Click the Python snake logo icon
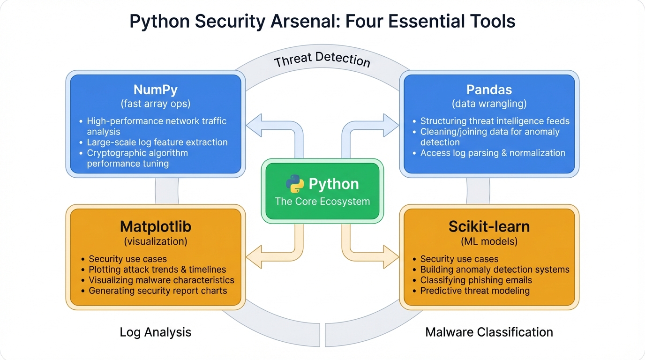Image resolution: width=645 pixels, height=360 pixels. point(294,184)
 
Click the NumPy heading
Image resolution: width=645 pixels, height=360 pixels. point(155,90)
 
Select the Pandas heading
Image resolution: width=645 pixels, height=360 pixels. point(489,90)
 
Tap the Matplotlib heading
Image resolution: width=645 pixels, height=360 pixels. point(155,226)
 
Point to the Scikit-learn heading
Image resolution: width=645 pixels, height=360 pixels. point(489,226)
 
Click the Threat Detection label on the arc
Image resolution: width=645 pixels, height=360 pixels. point(322,60)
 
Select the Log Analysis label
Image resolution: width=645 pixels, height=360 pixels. point(155,332)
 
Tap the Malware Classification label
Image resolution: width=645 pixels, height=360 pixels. point(489,332)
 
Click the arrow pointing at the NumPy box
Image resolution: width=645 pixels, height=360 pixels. point(255,125)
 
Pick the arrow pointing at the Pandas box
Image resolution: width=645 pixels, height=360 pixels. point(389,125)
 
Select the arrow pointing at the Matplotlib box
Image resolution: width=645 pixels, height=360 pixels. point(255,257)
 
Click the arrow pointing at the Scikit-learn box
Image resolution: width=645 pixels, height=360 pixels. point(389,257)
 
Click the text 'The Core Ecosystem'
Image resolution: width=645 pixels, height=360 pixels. point(322,202)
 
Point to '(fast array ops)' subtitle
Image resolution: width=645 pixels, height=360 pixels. point(155,104)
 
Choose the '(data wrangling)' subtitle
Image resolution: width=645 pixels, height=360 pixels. point(489,104)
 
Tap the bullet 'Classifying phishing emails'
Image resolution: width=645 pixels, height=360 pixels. point(476,280)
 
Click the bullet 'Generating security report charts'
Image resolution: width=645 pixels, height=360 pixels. point(157,291)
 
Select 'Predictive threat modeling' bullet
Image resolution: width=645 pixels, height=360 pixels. point(474,291)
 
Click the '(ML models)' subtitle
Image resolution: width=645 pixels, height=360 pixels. point(489,241)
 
